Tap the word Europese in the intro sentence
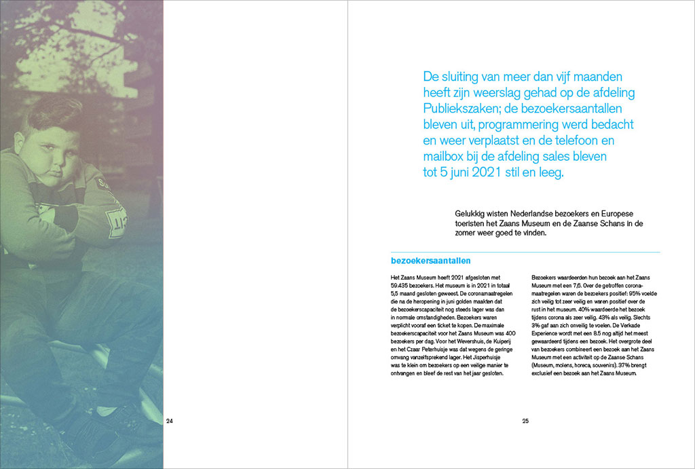614,212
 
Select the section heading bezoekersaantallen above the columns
431,261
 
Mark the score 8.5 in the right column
597,333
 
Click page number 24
170,421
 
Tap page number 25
525,421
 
